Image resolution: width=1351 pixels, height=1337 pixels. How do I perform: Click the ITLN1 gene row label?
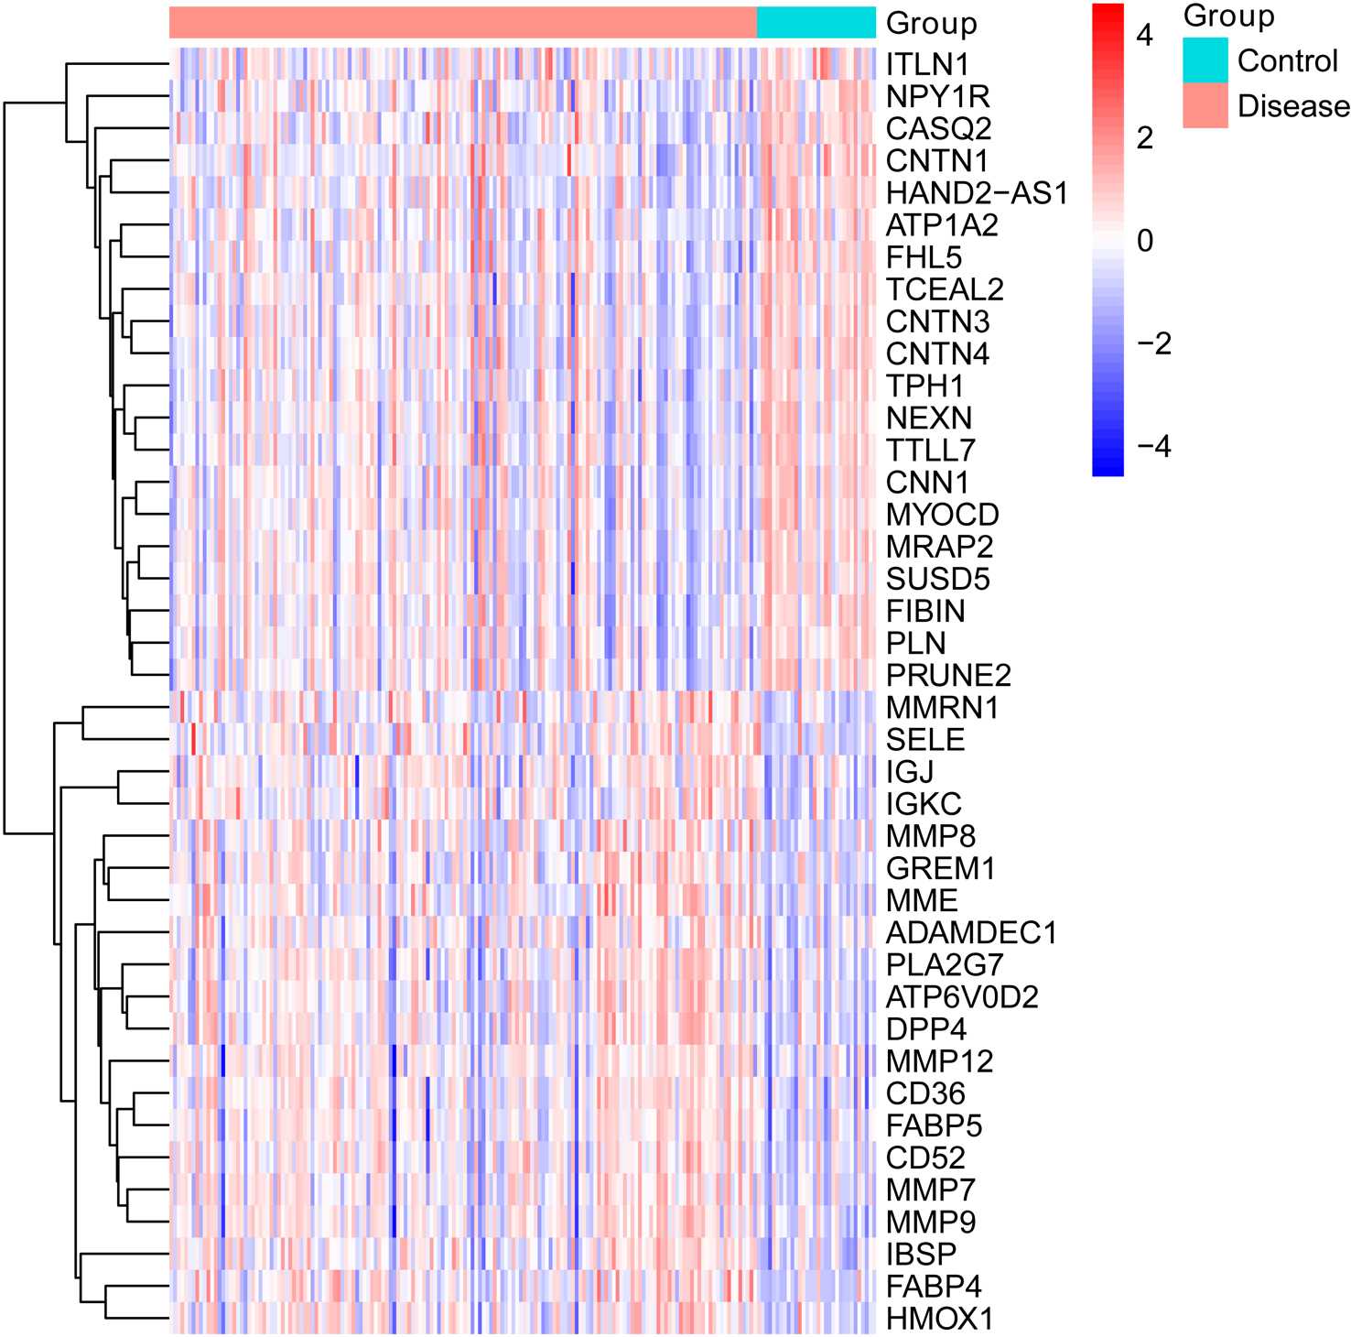(x=927, y=65)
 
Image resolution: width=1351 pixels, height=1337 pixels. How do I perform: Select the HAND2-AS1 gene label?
(x=977, y=193)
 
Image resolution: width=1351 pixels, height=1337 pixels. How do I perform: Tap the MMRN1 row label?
(x=942, y=708)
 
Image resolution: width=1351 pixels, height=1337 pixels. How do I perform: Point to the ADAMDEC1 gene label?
(x=971, y=933)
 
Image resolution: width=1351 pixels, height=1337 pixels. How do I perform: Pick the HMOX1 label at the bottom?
(x=939, y=1320)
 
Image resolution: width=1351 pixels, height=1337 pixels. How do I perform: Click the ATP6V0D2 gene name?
(x=962, y=997)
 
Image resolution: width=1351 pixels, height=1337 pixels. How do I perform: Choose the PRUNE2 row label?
(x=948, y=676)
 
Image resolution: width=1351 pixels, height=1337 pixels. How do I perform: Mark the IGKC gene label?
(x=924, y=805)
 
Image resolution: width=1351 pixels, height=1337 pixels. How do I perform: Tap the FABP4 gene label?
(x=934, y=1287)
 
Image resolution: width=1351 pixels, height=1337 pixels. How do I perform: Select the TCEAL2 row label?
(x=945, y=290)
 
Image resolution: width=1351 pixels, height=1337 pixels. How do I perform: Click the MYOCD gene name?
(x=942, y=515)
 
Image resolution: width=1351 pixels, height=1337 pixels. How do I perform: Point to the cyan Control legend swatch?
(x=1205, y=60)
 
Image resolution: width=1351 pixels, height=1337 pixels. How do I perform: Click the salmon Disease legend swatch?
(x=1205, y=105)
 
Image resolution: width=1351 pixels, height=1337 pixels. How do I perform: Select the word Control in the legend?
(x=1287, y=61)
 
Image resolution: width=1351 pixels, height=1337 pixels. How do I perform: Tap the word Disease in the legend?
(x=1292, y=106)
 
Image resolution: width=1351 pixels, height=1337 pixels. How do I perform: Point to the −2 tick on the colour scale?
(x=1152, y=343)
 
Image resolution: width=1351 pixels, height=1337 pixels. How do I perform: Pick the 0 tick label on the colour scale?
(x=1144, y=241)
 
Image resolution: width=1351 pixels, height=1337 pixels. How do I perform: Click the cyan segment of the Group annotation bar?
(x=816, y=23)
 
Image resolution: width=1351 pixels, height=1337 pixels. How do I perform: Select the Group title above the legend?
(x=1228, y=16)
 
